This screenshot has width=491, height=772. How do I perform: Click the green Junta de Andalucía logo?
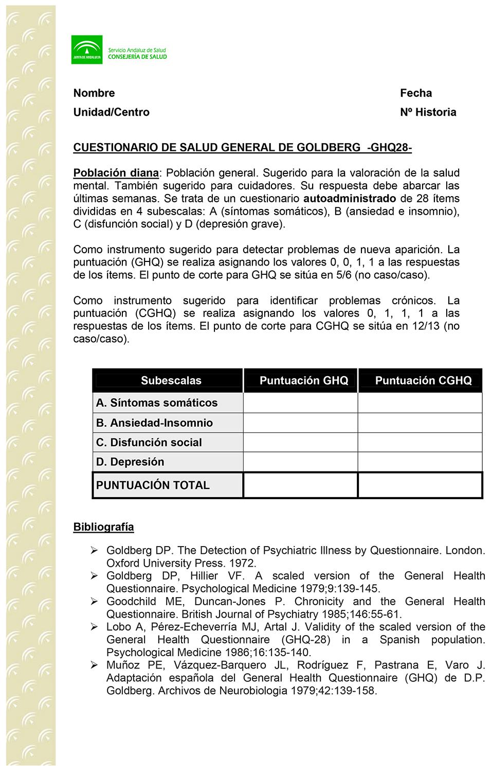(86, 49)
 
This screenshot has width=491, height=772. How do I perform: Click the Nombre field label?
(94, 93)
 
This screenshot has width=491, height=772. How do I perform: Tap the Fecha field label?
(416, 93)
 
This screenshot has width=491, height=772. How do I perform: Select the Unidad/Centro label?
(111, 112)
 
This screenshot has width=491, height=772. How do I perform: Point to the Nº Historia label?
(428, 112)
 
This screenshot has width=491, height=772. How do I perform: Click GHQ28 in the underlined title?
(389, 148)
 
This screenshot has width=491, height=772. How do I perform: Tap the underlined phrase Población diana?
(116, 173)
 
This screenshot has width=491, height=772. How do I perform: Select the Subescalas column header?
(171, 381)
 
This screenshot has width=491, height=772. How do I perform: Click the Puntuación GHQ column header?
(303, 381)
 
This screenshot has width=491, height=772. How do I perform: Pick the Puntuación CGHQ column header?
(423, 381)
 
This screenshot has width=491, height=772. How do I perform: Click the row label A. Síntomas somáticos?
(156, 403)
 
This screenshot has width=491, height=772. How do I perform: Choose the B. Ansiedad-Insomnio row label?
(154, 423)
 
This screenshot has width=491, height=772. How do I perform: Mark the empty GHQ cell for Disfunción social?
(300, 443)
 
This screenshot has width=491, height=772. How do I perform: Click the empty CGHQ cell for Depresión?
(420, 462)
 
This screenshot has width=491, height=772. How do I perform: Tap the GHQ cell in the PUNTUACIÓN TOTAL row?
(300, 485)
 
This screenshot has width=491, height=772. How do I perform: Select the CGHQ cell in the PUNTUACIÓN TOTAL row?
(420, 485)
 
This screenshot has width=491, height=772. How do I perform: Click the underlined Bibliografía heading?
(103, 527)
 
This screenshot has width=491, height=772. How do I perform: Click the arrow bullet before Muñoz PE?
(94, 665)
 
